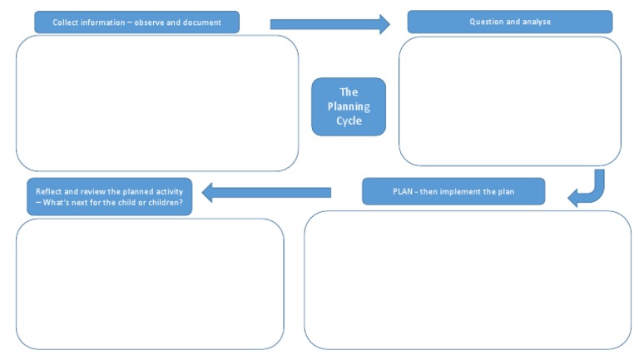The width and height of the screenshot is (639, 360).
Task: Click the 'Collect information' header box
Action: [x=136, y=22]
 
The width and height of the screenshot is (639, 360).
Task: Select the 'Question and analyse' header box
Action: [x=509, y=22]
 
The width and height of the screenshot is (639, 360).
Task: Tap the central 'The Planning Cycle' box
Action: [x=349, y=106]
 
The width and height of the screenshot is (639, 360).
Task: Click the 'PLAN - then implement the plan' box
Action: [x=453, y=191]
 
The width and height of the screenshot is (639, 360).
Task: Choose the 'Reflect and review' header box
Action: [x=109, y=197]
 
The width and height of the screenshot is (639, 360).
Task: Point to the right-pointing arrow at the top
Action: [x=329, y=24]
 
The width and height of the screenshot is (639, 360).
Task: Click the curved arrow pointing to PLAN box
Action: [x=588, y=190]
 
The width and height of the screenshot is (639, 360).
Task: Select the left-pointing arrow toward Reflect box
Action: [x=266, y=193]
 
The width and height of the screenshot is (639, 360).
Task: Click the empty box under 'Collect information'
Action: [x=157, y=103]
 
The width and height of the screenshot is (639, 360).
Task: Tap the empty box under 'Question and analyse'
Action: [x=509, y=101]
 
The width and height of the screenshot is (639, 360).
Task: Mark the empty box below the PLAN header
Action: [x=467, y=279]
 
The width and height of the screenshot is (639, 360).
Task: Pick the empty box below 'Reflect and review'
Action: [x=150, y=284]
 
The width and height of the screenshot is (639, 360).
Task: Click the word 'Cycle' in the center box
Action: [x=349, y=121]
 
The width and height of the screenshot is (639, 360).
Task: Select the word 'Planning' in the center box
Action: [x=349, y=106]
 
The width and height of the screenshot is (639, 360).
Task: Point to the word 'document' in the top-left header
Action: [x=204, y=22]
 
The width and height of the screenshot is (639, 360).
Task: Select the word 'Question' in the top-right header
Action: [x=487, y=22]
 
